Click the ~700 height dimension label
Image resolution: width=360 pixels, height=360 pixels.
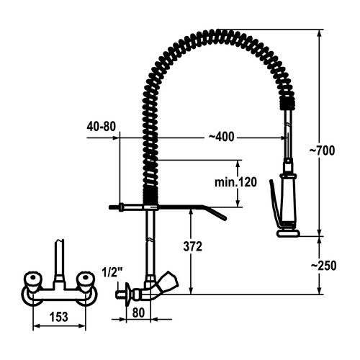(322, 151)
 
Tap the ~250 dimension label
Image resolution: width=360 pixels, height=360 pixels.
(323, 266)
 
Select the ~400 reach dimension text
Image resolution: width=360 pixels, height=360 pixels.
(221, 137)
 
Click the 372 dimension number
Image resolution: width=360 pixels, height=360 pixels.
(193, 246)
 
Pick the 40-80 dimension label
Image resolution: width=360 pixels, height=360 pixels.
(102, 127)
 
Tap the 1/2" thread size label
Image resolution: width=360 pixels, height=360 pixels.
(112, 272)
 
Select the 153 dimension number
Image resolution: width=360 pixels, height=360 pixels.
(59, 317)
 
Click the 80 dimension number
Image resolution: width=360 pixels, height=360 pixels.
(138, 312)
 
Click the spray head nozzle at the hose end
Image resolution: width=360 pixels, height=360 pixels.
(288, 233)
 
